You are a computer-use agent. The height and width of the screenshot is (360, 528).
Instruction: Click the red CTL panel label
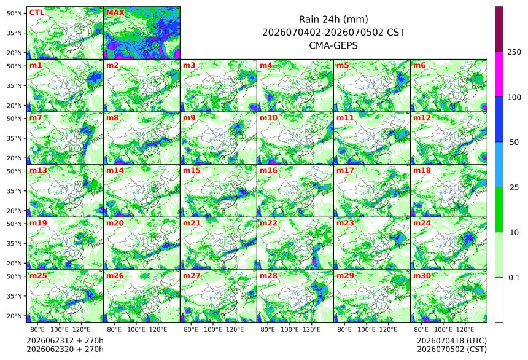[37, 13]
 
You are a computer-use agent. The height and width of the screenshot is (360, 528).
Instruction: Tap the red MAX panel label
[115, 13]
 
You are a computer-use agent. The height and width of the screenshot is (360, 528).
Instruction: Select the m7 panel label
[36, 118]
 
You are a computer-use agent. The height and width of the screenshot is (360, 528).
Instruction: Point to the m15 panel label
[192, 171]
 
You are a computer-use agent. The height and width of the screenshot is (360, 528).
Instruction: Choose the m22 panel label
[268, 223]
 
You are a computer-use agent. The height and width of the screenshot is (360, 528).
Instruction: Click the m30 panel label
[422, 276]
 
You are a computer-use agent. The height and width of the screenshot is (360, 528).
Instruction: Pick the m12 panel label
[422, 118]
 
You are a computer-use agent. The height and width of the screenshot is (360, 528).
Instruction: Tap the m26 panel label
[115, 276]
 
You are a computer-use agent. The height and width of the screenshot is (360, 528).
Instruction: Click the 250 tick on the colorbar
[514, 52]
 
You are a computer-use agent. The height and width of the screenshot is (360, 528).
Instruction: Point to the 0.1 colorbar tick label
[514, 278]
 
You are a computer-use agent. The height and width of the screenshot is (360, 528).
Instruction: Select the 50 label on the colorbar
[514, 143]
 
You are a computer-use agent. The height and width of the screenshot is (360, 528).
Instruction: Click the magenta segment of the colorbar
[499, 74]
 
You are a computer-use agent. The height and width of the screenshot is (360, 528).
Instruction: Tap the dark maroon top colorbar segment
[499, 29]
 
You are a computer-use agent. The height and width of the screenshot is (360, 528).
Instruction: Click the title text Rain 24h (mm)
[333, 20]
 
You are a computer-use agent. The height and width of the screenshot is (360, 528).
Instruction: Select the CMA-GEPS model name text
[333, 45]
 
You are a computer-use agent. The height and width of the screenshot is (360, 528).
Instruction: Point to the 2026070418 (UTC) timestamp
[452, 341]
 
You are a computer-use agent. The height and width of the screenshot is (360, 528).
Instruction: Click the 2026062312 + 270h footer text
[65, 341]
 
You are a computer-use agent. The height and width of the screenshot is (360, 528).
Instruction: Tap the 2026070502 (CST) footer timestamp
[452, 349]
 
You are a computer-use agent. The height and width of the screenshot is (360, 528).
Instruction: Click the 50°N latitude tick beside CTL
[14, 13]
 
